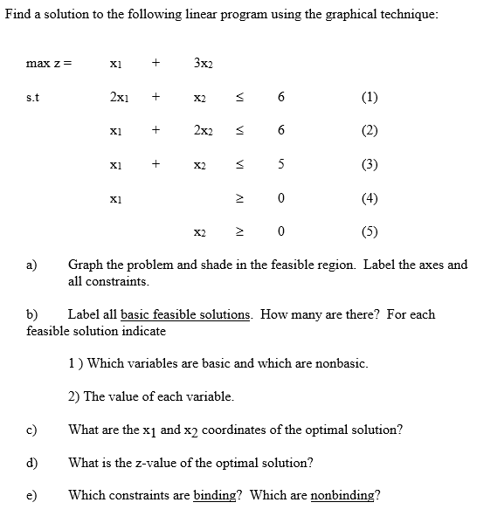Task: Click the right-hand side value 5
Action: coord(280,163)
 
